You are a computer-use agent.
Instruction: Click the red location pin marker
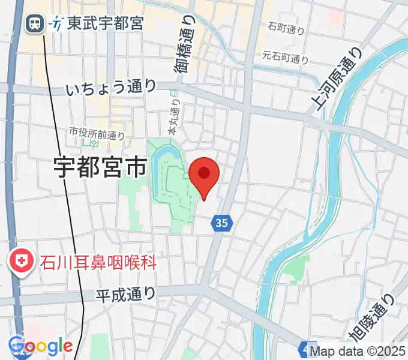point(204,175)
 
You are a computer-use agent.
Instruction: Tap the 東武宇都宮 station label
point(104,24)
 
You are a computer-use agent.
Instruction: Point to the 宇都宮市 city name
point(100,168)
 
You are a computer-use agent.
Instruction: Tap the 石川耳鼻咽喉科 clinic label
point(98,262)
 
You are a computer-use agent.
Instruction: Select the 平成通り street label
point(126,294)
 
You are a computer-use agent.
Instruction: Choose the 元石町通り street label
point(286,58)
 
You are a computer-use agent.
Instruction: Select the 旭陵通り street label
point(370,325)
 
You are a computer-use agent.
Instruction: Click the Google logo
point(40,346)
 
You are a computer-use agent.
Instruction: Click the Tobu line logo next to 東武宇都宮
point(57,24)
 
